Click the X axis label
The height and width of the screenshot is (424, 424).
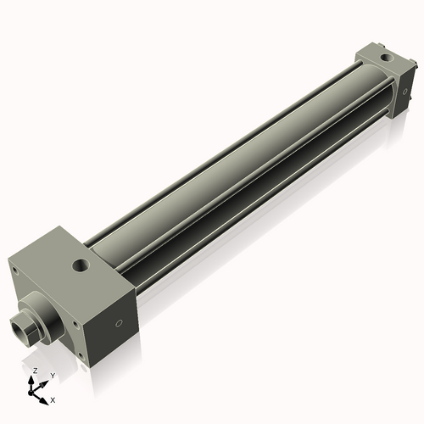[53, 399]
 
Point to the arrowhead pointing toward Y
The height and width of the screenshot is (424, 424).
[45, 382]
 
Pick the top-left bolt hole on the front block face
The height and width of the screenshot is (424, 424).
[14, 271]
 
